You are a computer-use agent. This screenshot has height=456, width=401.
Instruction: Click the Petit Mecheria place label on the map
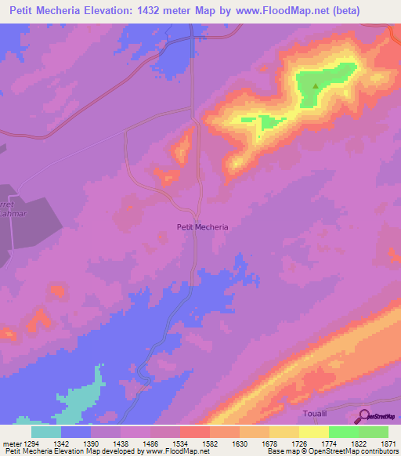pos(200,227)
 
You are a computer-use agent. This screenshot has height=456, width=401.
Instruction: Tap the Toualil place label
pos(319,412)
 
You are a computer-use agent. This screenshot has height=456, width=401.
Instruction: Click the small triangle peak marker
pos(316,87)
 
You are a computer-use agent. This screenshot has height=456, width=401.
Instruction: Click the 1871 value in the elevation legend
pos(388,443)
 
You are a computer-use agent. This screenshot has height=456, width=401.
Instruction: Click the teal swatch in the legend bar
pos(46,432)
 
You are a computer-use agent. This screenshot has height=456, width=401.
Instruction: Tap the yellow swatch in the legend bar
pos(313,432)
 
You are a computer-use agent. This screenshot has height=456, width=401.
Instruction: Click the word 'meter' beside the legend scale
pos(11,443)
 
